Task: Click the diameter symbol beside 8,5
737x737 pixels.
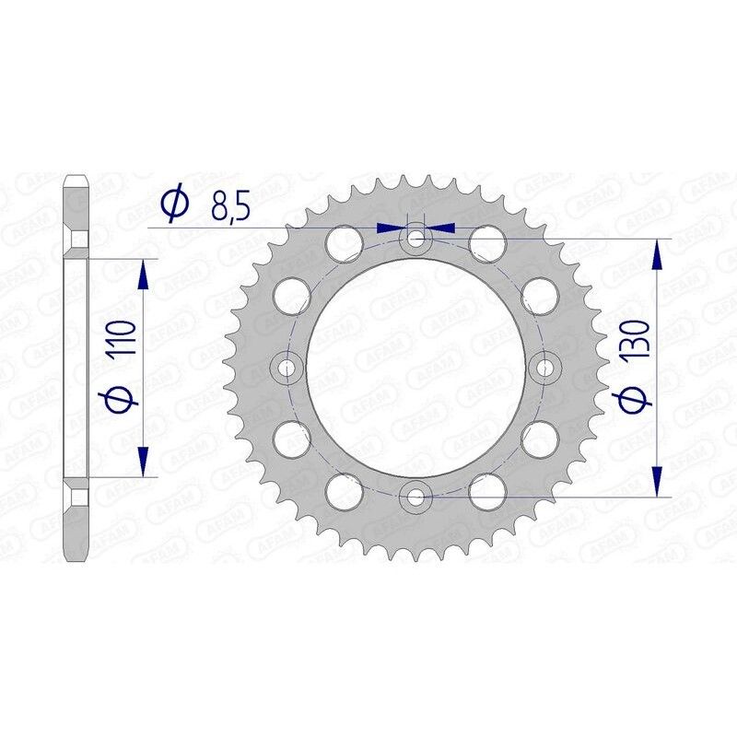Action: tap(174, 205)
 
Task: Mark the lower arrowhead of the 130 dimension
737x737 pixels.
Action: tap(656, 485)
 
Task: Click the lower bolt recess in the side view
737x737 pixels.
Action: tap(77, 497)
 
